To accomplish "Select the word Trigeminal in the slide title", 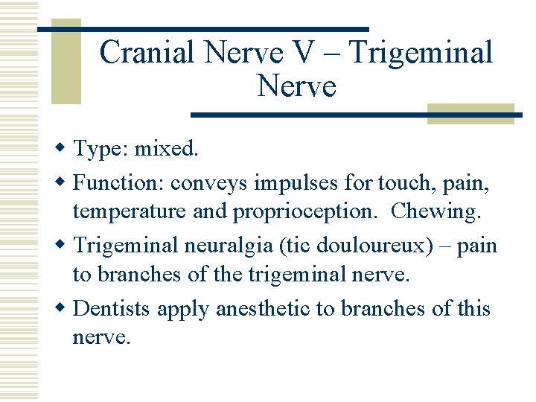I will pos(421,53).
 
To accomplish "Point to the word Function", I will pos(118,182).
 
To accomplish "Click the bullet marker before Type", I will pos(63,149).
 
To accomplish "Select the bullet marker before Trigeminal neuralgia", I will pos(63,245).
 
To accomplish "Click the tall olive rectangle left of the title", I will pos(66,63).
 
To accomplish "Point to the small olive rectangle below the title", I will pos(470,114).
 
